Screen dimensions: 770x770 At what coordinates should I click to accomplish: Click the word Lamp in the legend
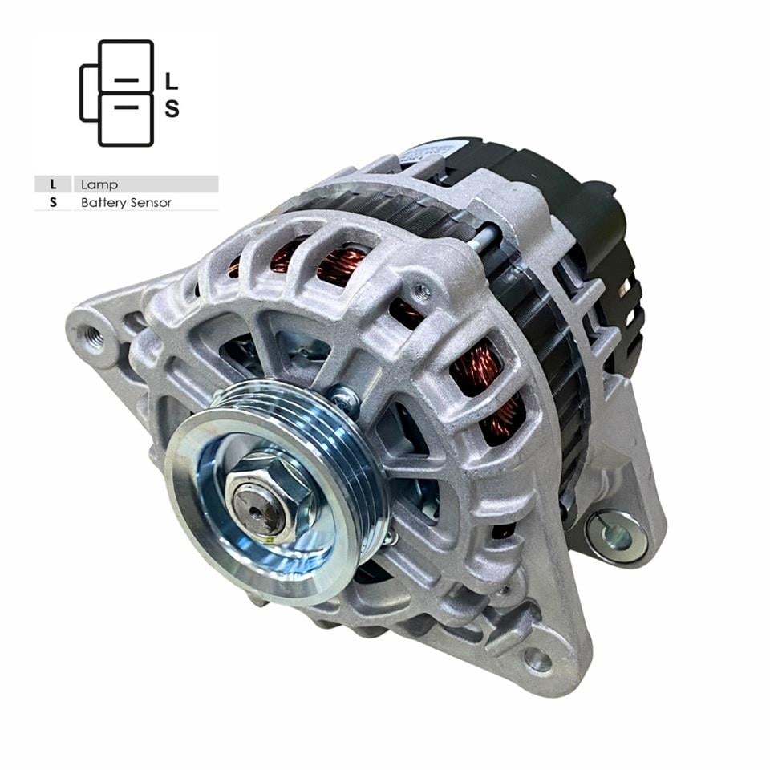[99, 184]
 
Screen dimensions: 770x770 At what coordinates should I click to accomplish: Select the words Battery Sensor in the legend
[126, 203]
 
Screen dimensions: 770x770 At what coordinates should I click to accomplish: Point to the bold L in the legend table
[53, 184]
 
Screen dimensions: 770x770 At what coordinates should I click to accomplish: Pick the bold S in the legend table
[53, 203]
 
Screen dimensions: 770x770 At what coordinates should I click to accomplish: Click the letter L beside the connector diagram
[171, 81]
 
